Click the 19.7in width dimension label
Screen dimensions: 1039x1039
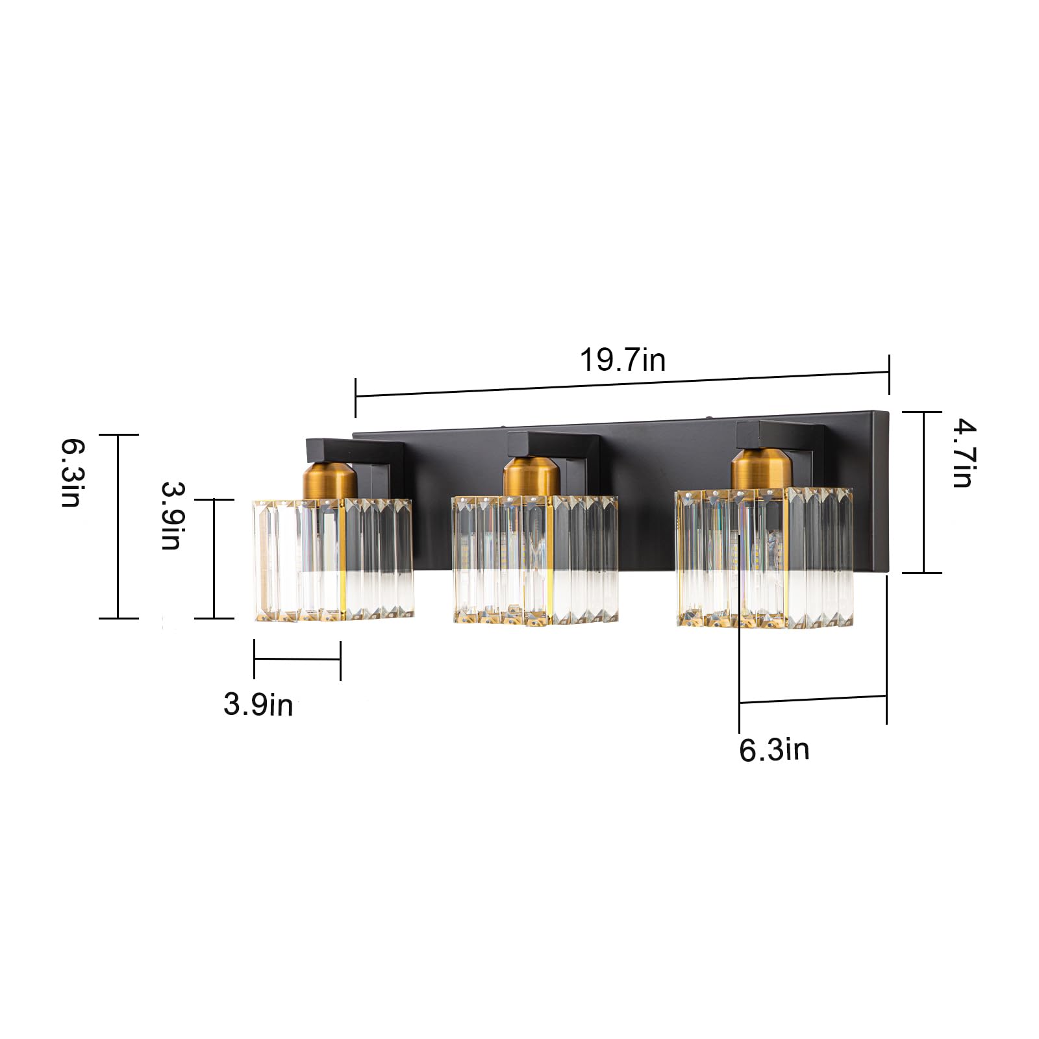point(622,360)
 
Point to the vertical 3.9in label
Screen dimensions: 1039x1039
point(171,516)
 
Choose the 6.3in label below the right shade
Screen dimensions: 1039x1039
point(774,749)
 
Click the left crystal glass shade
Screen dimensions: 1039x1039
point(332,558)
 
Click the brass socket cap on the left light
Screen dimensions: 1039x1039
point(329,479)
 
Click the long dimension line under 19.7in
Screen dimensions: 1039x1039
point(622,384)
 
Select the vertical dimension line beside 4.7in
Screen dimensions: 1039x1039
point(923,492)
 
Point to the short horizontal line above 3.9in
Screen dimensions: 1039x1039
point(297,659)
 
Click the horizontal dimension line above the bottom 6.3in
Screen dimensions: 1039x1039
point(812,699)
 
